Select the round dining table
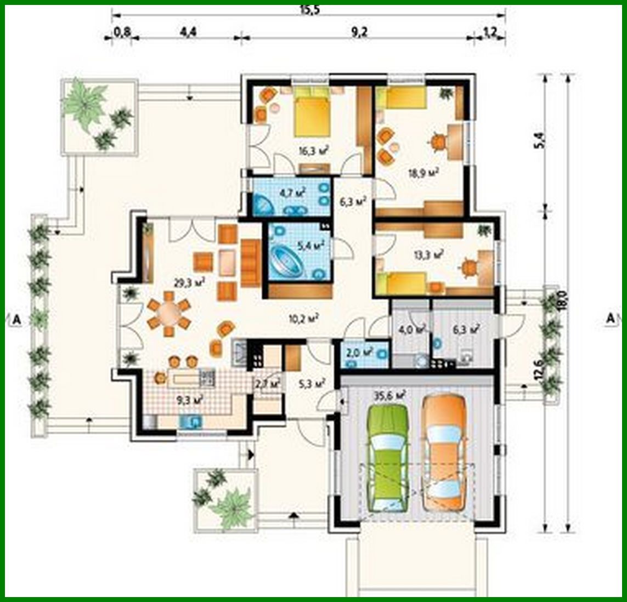click(x=169, y=315)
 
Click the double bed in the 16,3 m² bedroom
click(x=312, y=114)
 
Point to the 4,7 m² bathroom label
click(x=292, y=192)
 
